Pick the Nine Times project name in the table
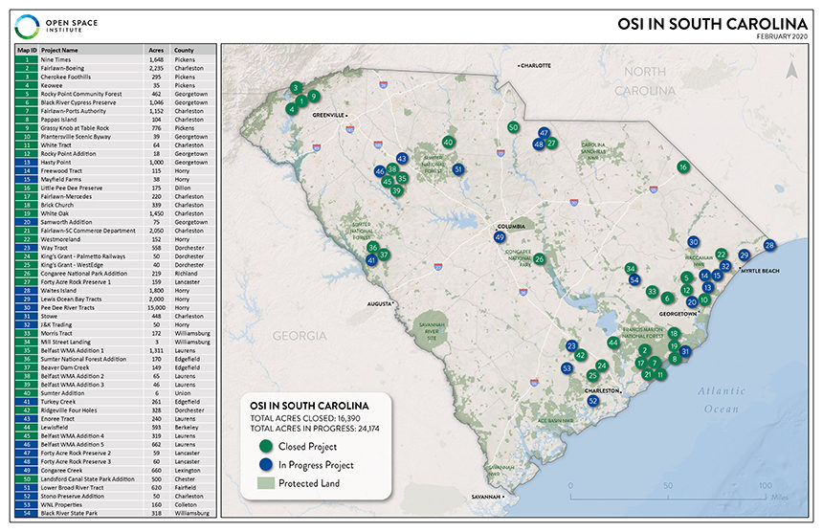point(57,59)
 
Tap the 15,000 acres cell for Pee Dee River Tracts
point(158,308)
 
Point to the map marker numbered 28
point(770,246)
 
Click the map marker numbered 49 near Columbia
point(499,236)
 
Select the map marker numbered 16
point(682,166)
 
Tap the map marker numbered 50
point(513,126)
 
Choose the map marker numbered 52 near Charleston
point(592,401)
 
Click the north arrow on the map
point(790,67)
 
